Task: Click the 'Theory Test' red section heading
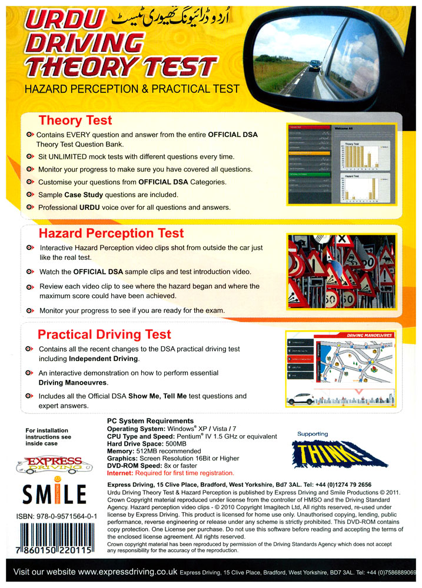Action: (x=75, y=121)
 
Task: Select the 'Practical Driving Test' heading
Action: (x=104, y=335)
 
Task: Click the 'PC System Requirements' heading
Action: (x=150, y=421)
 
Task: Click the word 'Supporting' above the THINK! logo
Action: (x=313, y=434)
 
